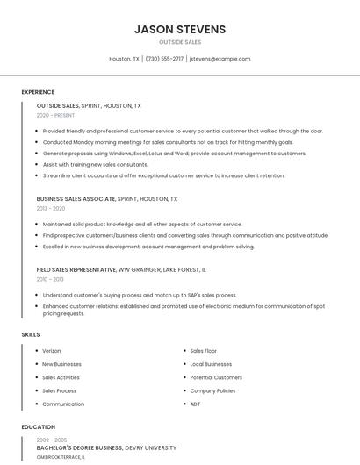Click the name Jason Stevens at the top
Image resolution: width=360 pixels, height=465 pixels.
click(180, 29)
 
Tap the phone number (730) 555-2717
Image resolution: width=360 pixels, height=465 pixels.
click(164, 59)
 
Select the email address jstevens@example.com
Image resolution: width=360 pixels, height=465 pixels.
click(220, 59)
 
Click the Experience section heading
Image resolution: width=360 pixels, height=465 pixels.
click(38, 92)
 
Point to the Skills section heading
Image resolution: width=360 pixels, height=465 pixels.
click(30, 334)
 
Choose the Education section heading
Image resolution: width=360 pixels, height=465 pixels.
click(38, 427)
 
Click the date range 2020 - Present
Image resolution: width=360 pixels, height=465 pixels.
click(56, 115)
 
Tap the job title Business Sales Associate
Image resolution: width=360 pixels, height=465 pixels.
click(76, 199)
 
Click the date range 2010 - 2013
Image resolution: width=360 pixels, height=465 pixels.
click(50, 279)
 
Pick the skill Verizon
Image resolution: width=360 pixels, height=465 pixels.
click(52, 350)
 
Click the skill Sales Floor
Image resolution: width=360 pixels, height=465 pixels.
click(205, 350)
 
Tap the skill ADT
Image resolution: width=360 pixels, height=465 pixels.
click(196, 404)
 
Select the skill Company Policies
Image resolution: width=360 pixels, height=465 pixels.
click(212, 390)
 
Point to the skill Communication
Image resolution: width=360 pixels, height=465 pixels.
click(63, 404)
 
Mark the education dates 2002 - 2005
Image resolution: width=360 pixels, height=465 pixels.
click(52, 440)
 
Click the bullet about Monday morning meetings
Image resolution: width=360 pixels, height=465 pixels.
click(168, 142)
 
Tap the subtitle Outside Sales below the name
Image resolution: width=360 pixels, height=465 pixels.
click(180, 42)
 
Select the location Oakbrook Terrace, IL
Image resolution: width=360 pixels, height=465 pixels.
click(61, 457)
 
